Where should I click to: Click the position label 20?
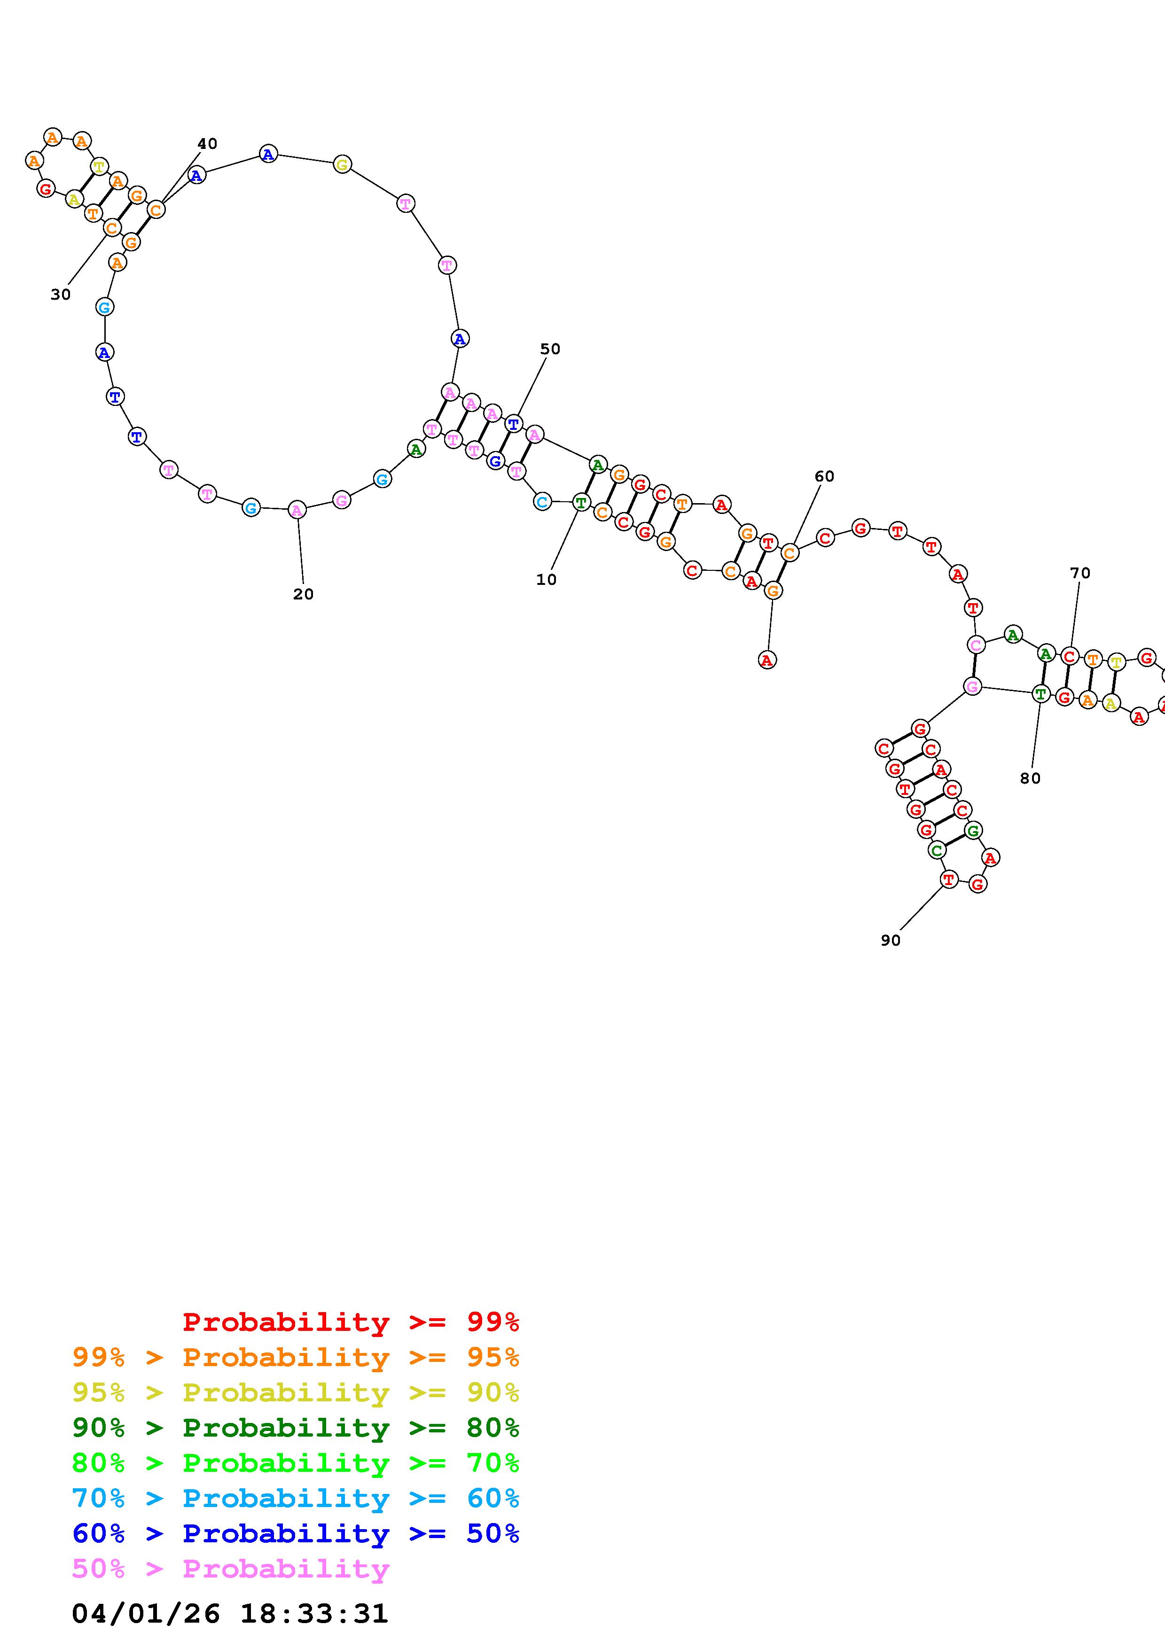pyautogui.click(x=303, y=594)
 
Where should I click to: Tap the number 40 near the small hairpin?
pyautogui.click(x=207, y=144)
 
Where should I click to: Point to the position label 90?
pyautogui.click(x=890, y=941)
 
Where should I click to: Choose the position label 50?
pyautogui.click(x=550, y=350)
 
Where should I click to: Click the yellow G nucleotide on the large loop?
pyautogui.click(x=343, y=165)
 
